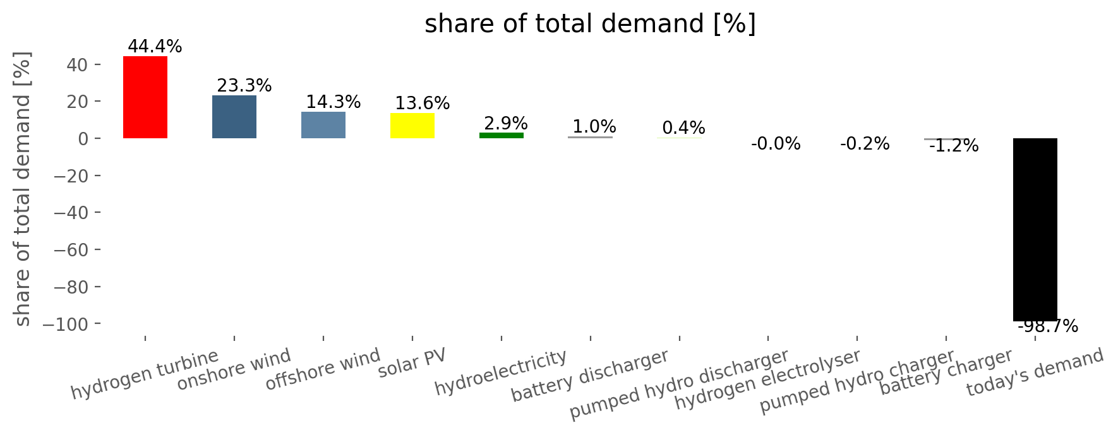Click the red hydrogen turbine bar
click(x=145, y=97)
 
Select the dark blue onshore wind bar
click(x=234, y=117)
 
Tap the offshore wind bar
click(x=323, y=125)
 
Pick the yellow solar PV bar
click(x=412, y=126)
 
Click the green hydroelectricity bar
click(x=502, y=135)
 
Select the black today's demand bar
click(x=1035, y=230)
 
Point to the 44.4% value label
click(x=155, y=47)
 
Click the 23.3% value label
click(x=244, y=86)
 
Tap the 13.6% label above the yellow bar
click(x=422, y=104)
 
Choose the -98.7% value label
click(x=1048, y=326)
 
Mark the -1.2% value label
click(x=954, y=146)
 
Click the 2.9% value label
click(x=505, y=124)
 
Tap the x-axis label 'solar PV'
click(x=412, y=363)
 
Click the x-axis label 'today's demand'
click(x=1035, y=372)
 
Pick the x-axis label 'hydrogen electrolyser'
click(x=767, y=379)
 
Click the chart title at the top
click(x=590, y=24)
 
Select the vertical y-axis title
click(x=22, y=189)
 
